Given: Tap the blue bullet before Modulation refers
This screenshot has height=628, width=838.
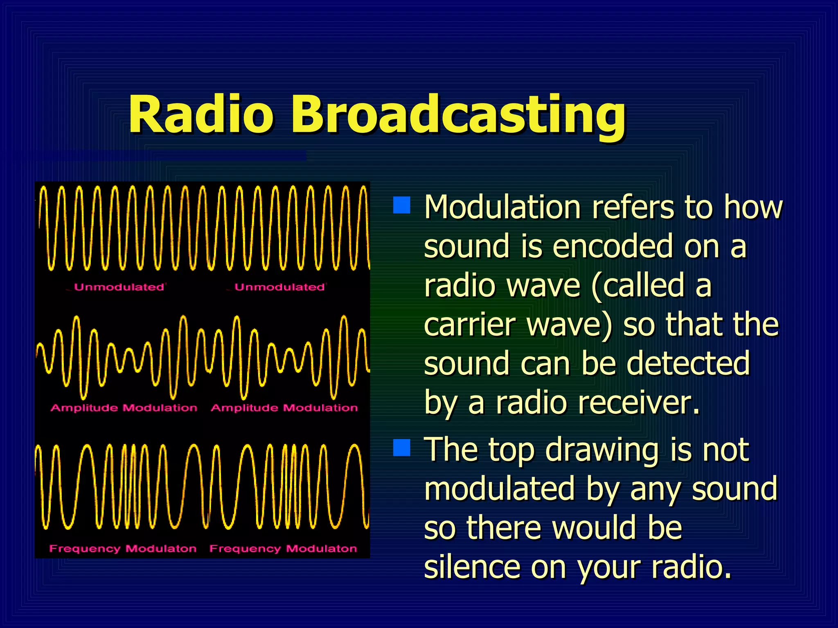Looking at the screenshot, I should [401, 205].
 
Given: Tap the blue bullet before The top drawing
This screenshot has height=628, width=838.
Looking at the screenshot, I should [401, 447].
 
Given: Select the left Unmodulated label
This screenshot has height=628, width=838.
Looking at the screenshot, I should [119, 287].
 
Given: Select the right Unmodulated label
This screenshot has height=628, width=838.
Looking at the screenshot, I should [279, 287].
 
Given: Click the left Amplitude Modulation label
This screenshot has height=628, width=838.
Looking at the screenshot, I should [124, 408].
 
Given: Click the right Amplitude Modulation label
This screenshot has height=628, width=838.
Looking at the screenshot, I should [284, 408].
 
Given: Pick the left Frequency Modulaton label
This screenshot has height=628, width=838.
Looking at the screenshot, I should [123, 548].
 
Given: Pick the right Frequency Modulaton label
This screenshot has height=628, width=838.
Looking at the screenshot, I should [283, 548].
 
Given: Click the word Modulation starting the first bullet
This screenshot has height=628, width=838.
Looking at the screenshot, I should [502, 207].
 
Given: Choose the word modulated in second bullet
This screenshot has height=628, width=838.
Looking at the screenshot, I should [500, 489].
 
